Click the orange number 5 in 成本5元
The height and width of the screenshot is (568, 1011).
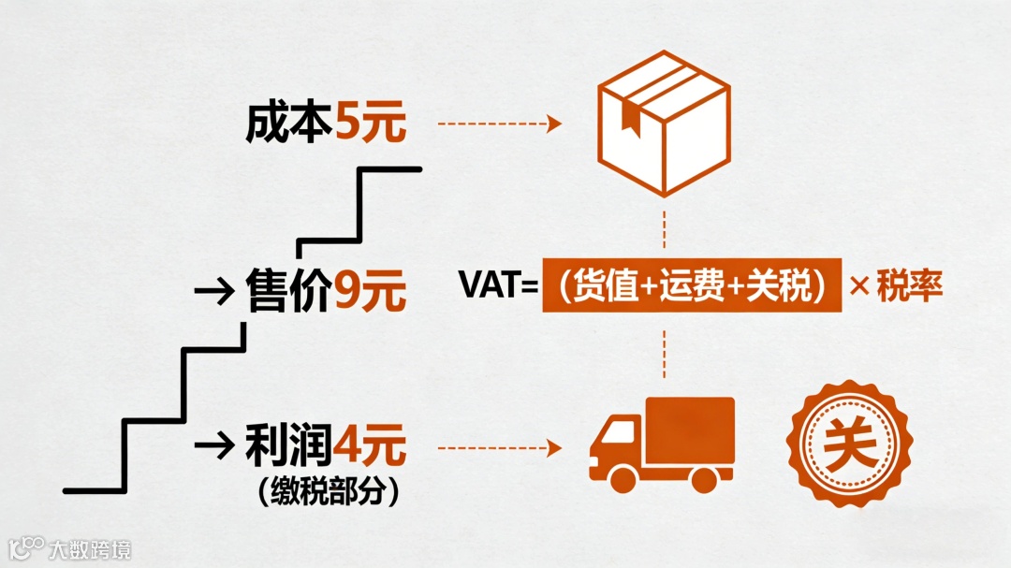(347, 124)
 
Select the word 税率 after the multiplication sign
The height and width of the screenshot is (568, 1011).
(908, 286)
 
